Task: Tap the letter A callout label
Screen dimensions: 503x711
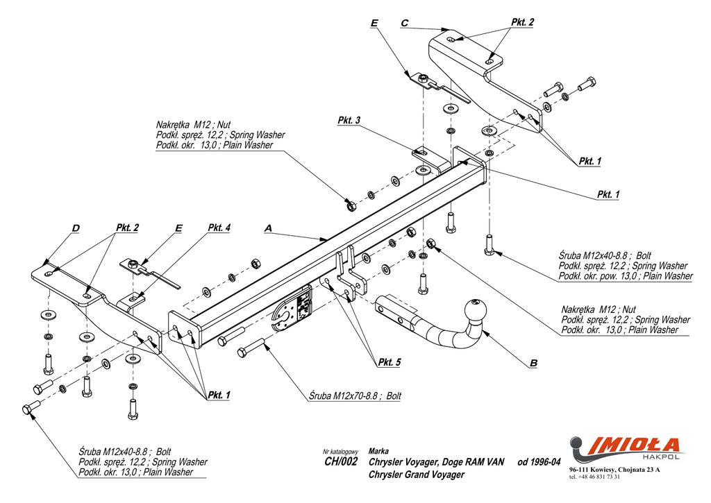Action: (x=268, y=228)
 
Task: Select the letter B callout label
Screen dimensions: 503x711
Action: (x=533, y=363)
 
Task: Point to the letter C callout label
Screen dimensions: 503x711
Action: (x=404, y=23)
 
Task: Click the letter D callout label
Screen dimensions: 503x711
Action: (x=75, y=228)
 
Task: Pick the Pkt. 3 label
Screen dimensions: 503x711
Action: (x=349, y=121)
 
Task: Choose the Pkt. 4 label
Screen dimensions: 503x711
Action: (x=219, y=228)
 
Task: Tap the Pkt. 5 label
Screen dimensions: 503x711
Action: (x=390, y=362)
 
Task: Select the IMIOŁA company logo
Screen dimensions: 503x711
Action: (x=626, y=445)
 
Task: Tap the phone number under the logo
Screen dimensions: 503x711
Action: (x=594, y=477)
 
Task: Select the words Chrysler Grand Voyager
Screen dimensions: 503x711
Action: (x=416, y=475)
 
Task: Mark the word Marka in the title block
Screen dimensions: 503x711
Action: (x=378, y=451)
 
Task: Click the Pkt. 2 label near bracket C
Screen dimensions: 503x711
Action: (x=522, y=23)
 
